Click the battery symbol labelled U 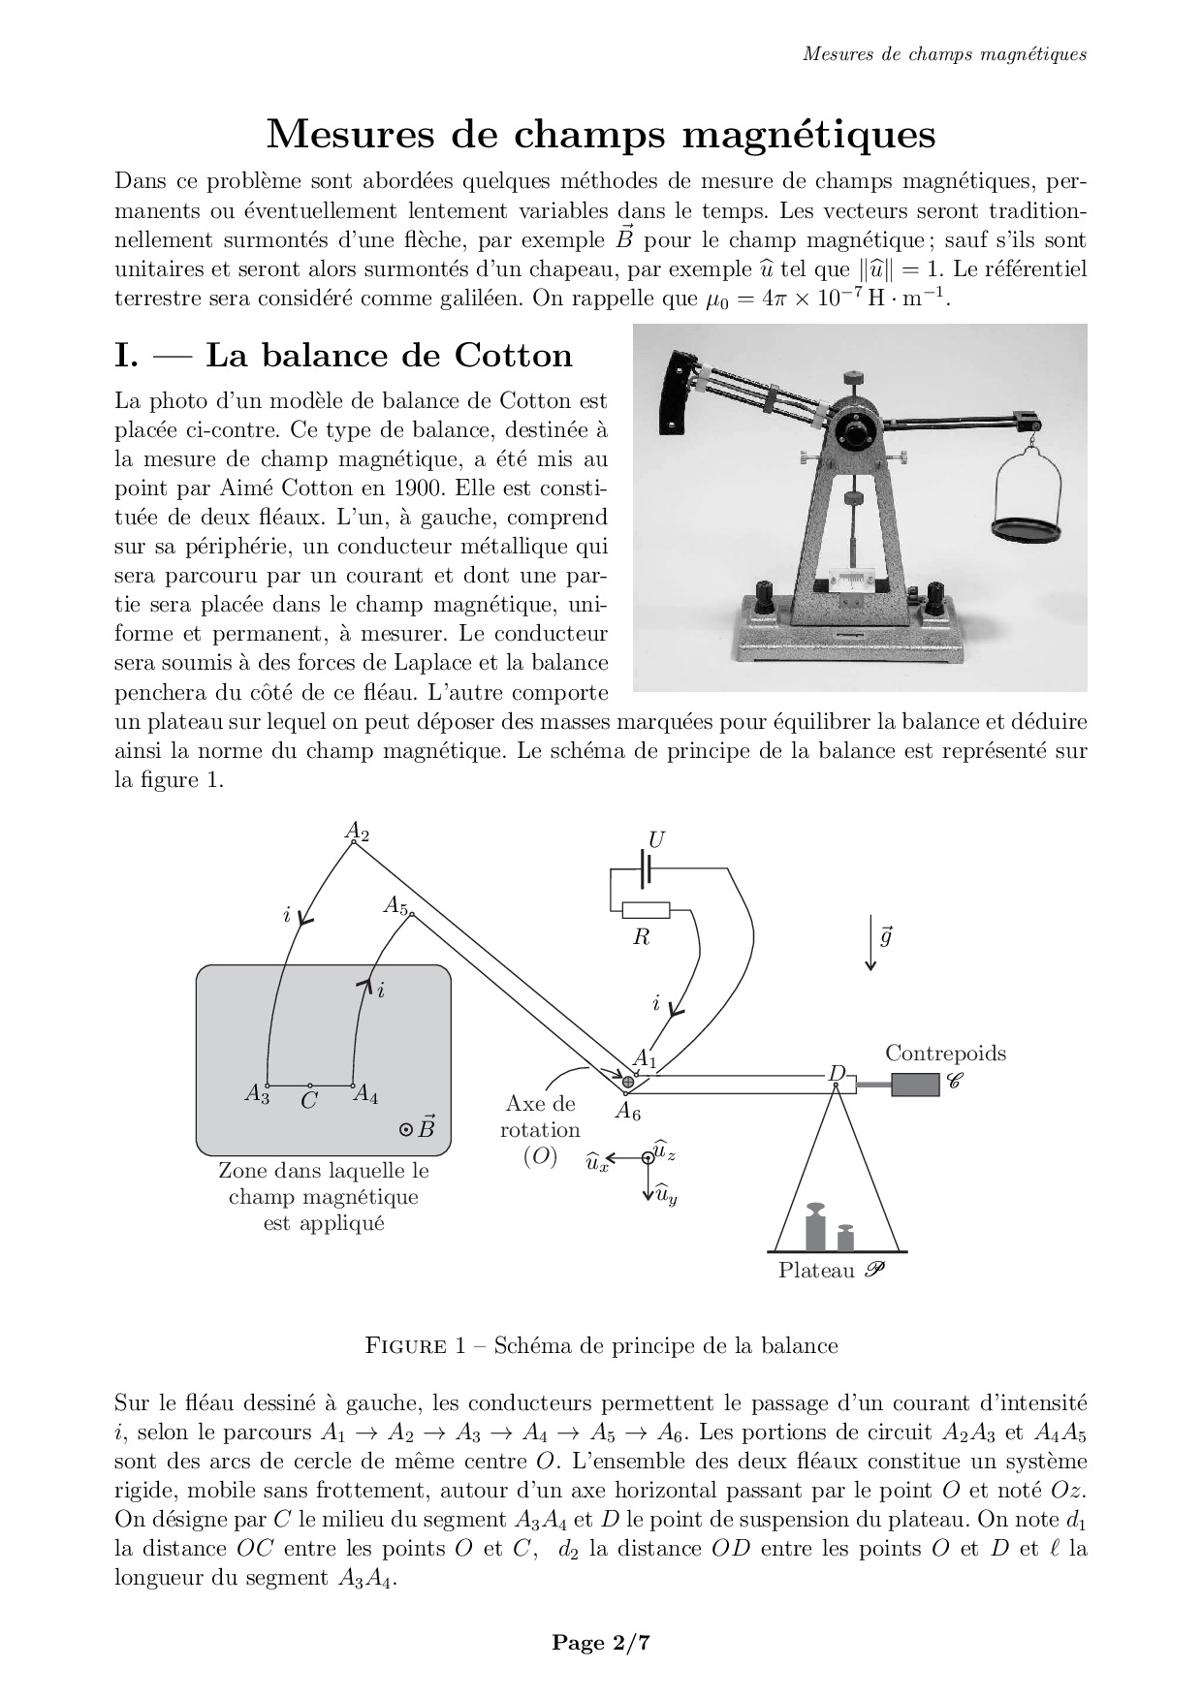pyautogui.click(x=644, y=869)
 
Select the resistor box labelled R pyautogui.click(x=646, y=910)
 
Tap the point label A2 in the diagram pyautogui.click(x=357, y=831)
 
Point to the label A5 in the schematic pyautogui.click(x=395, y=905)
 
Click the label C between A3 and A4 pyautogui.click(x=308, y=1101)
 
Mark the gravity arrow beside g pyautogui.click(x=870, y=942)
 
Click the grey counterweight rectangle pyautogui.click(x=915, y=1085)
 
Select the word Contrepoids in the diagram pyautogui.click(x=945, y=1054)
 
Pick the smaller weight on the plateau pyautogui.click(x=845, y=1238)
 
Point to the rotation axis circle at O pyautogui.click(x=628, y=1082)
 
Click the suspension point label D pyautogui.click(x=837, y=1073)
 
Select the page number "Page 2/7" pyautogui.click(x=600, y=1642)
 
